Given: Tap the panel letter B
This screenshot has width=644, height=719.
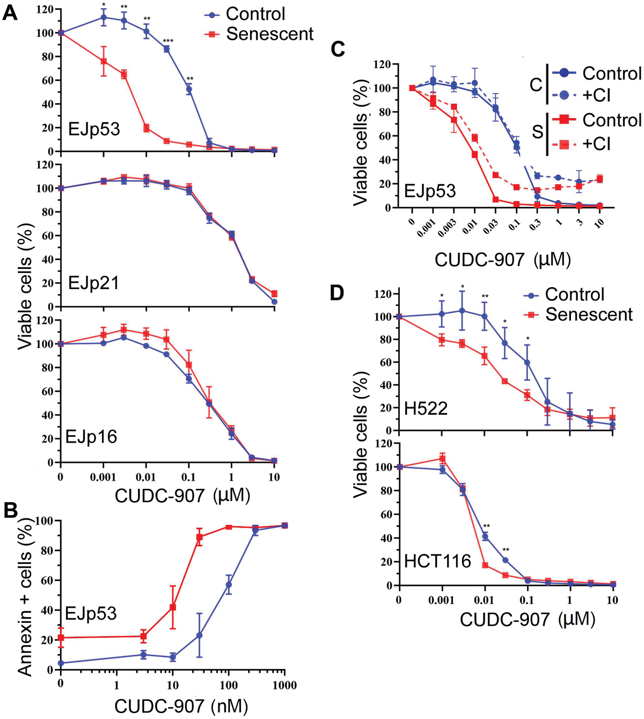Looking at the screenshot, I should [x=11, y=510].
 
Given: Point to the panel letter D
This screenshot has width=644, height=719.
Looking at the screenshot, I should [x=336, y=294].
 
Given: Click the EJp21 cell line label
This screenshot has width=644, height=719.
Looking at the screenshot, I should [x=93, y=283].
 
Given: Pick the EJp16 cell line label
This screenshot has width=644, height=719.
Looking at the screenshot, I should [x=91, y=437].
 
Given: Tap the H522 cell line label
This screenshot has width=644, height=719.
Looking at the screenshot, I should [x=426, y=409].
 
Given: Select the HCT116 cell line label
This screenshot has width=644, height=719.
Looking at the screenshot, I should [x=437, y=561].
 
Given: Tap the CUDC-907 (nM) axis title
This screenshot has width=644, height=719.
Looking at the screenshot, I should [x=181, y=706].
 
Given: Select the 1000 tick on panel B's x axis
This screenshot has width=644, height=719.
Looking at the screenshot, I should [x=284, y=685].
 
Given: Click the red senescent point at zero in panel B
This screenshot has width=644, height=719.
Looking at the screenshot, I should [x=61, y=637].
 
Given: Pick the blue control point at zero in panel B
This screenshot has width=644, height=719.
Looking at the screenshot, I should [x=61, y=663].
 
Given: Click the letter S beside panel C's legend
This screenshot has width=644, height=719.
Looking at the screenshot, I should [x=537, y=131].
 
